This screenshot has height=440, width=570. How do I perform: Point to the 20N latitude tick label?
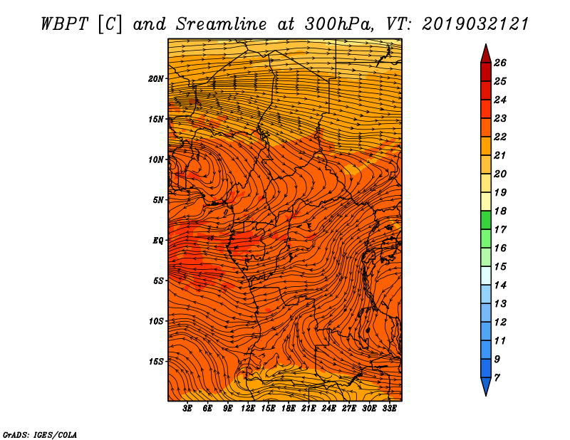156,78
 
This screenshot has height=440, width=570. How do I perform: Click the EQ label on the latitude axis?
158,241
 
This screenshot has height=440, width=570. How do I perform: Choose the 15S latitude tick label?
156,362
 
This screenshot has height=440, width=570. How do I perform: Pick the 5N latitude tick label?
158,200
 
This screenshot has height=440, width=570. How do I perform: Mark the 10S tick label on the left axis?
156,321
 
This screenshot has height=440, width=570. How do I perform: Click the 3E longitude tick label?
188,409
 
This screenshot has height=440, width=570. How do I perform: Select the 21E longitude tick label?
309,409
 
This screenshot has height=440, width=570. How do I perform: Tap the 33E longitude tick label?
389,409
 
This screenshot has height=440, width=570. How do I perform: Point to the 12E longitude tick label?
248,409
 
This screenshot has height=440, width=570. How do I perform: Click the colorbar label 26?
499,63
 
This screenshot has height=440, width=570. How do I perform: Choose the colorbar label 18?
499,211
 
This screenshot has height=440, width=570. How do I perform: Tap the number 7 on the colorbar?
497,377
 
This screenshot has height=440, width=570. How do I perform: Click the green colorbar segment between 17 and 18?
485,220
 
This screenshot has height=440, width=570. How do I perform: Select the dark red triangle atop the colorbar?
485,53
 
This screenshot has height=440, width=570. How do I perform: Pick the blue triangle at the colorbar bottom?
485,386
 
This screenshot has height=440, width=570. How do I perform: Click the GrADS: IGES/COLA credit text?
40,434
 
